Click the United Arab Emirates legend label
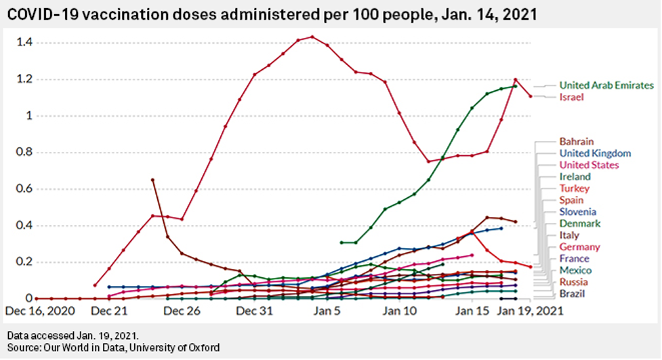tap(606, 85)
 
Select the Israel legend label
tap(572, 98)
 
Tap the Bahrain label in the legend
tap(576, 142)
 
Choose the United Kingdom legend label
tap(595, 154)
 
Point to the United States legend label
tap(588, 165)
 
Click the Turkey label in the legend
tap(574, 188)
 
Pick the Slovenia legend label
tap(577, 212)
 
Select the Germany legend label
tap(579, 247)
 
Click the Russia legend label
tap(573, 282)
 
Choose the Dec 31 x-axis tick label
tap(254, 312)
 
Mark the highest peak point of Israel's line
tap(312, 37)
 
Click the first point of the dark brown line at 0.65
tap(152, 180)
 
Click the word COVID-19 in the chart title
tap(42, 14)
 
